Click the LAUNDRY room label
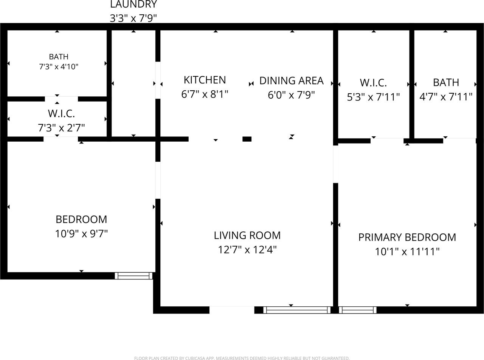[133, 5]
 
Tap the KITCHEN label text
[205, 80]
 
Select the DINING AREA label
[291, 81]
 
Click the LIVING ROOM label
[247, 235]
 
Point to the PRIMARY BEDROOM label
[407, 237]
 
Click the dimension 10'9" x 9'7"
[81, 234]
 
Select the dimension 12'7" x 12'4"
[247, 250]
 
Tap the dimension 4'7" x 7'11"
[446, 97]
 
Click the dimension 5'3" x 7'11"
[373, 97]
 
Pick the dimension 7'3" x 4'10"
[59, 67]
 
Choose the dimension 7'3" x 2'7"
[61, 128]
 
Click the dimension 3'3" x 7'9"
[133, 18]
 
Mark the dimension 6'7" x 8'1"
[205, 94]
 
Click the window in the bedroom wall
[133, 276]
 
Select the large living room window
[297, 310]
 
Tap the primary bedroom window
[358, 310]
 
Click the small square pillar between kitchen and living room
[247, 139]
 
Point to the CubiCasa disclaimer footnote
[242, 358]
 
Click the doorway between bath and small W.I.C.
[61, 99]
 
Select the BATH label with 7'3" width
[59, 57]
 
